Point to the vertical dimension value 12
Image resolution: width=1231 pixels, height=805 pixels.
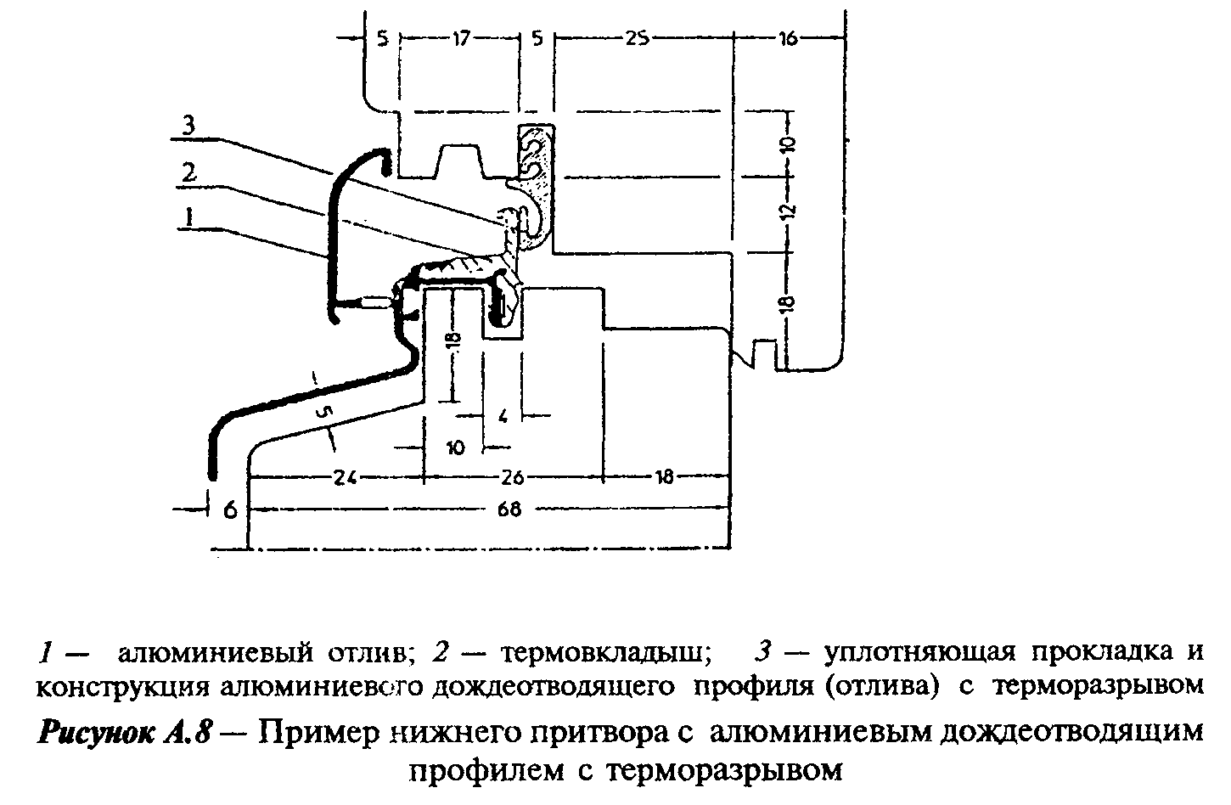788,211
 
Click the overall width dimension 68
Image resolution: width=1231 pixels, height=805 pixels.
509,509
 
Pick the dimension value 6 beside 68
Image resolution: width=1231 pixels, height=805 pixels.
230,510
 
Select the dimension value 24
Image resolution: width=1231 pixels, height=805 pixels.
346,476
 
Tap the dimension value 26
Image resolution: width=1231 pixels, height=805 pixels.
512,476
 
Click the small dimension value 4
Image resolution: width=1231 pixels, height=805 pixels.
503,416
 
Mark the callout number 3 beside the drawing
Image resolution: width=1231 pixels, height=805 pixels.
188,127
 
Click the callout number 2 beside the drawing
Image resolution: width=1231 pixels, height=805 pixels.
188,174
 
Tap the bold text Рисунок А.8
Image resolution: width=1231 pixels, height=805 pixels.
124,733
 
